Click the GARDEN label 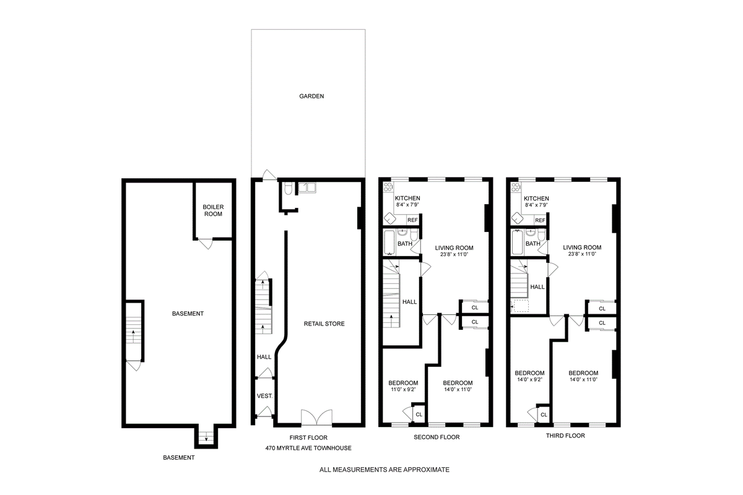[x=311, y=96]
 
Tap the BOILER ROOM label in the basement [x=213, y=210]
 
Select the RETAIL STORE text [x=324, y=324]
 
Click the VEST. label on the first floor [x=265, y=396]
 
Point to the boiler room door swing [x=206, y=244]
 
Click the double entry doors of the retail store [x=317, y=418]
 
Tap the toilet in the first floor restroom [x=288, y=188]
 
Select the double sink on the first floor [x=307, y=187]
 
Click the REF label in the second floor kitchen [x=412, y=220]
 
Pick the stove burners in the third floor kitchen [x=516, y=187]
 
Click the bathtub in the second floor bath [x=389, y=243]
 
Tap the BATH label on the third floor [x=532, y=244]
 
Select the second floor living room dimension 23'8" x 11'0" [x=454, y=255]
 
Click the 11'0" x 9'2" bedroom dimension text [x=403, y=390]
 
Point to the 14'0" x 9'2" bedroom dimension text [x=529, y=380]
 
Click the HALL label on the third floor [x=537, y=286]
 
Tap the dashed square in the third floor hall [x=521, y=306]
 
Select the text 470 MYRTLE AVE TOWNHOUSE [x=308, y=448]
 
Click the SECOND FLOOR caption [x=437, y=437]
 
